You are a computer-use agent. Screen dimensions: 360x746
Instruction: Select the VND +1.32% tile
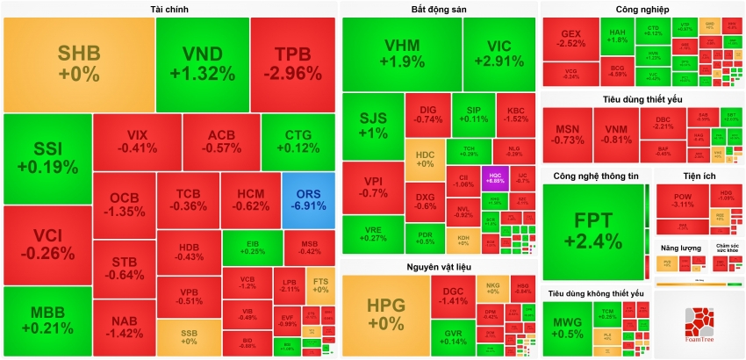202,61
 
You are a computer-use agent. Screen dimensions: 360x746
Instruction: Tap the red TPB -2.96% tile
292,61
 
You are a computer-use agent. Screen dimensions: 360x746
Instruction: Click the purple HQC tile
494,176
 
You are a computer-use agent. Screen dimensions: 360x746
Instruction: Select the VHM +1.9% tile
401,54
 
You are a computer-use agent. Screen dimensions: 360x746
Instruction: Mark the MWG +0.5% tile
568,328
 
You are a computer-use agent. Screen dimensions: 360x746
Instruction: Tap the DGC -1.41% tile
453,296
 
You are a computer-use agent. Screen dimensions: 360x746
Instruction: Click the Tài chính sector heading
169,10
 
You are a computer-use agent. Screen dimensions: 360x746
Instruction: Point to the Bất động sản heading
439,10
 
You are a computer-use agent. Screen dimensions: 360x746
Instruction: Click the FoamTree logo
699,327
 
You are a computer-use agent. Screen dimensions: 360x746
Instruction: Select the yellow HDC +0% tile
425,158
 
